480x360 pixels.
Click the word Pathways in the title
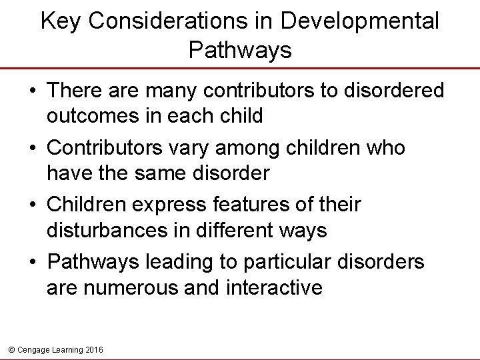[x=240, y=50]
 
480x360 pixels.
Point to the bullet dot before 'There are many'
[x=33, y=91]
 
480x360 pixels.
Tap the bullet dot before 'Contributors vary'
[x=33, y=148]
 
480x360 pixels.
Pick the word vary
[x=189, y=147]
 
